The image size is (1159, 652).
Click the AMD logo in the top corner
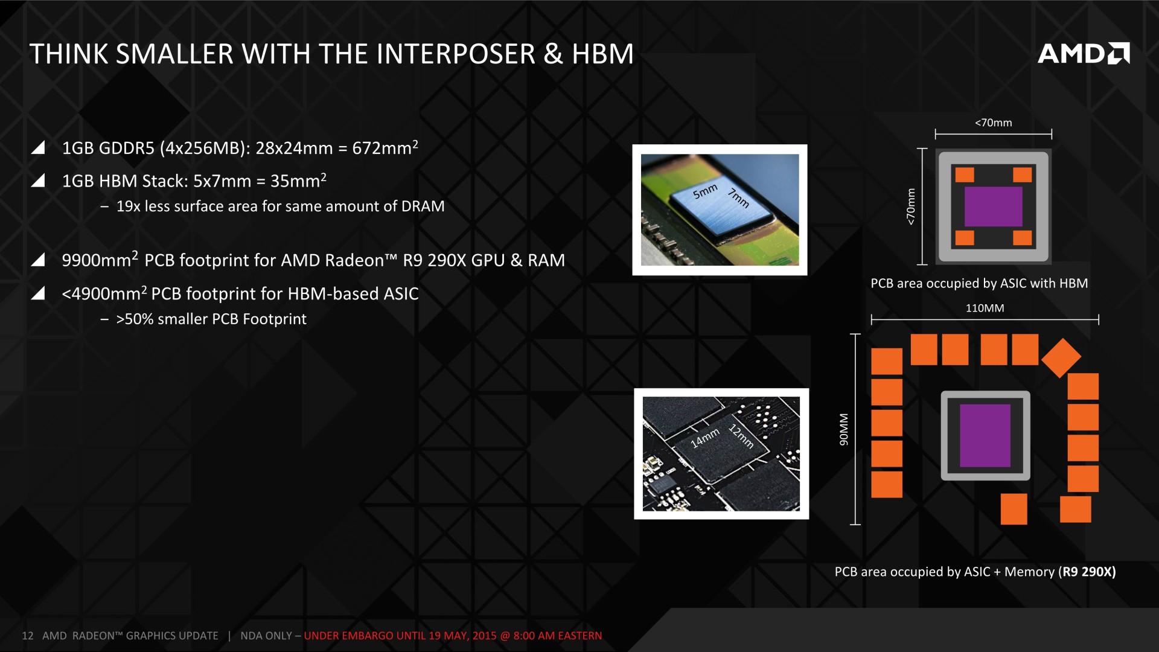[1084, 54]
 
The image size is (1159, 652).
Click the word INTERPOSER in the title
[456, 54]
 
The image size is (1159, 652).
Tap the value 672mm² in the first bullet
[385, 147]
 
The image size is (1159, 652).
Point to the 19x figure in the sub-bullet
[128, 206]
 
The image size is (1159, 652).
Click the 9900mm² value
[100, 260]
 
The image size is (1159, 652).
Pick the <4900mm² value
[104, 293]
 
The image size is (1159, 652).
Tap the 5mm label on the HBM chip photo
[705, 191]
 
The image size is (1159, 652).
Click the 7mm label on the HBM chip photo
[738, 198]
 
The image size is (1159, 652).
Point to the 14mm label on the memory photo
[705, 438]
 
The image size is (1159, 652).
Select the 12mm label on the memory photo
[741, 436]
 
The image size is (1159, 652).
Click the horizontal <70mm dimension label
[993, 123]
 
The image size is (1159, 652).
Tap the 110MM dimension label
[985, 308]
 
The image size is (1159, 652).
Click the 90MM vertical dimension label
[844, 430]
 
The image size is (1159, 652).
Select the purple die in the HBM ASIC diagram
[993, 206]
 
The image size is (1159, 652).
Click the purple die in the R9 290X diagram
[985, 435]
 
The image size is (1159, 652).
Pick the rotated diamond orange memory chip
[1061, 358]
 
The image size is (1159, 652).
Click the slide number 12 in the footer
[27, 636]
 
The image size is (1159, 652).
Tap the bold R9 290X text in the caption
[1087, 572]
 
